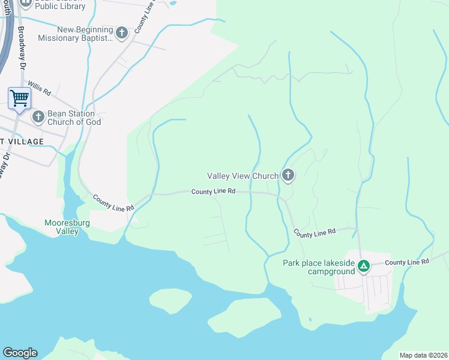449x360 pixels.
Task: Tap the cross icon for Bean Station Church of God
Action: (38, 116)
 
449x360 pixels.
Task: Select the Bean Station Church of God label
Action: (71, 118)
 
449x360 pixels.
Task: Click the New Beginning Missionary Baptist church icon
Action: (122, 32)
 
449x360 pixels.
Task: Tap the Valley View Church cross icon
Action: (288, 175)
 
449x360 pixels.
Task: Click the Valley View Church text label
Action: (243, 176)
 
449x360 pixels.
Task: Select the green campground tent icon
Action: (363, 266)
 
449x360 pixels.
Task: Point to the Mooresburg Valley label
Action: (61, 227)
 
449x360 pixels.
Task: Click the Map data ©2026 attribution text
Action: (423, 355)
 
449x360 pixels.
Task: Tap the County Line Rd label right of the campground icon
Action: (407, 262)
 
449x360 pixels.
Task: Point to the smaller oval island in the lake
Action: (170, 300)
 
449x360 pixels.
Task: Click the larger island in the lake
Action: (252, 316)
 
